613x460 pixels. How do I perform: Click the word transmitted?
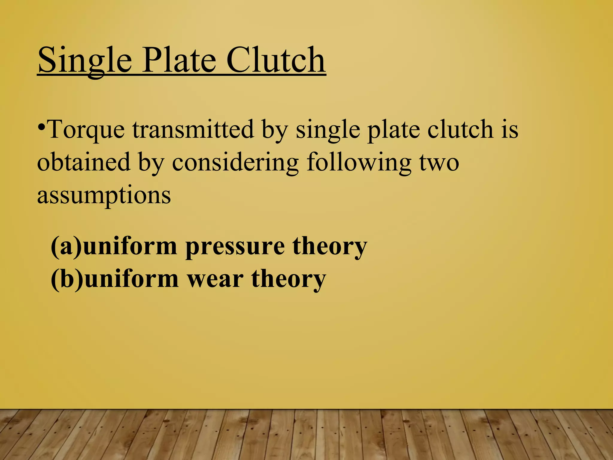[x=193, y=129]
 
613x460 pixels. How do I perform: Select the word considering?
[x=235, y=163]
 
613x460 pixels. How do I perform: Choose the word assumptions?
[x=104, y=196]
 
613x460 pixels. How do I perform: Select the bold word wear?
[x=215, y=279]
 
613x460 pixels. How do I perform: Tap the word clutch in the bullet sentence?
[x=460, y=129]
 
